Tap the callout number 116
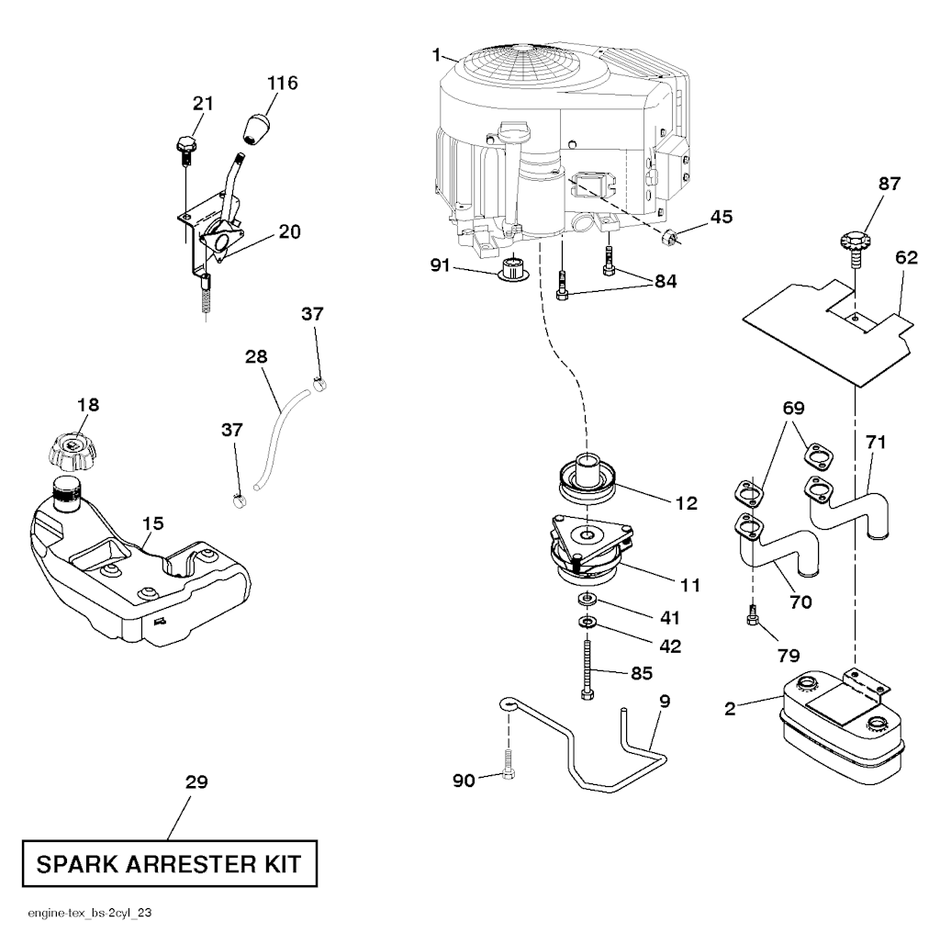coord(282,84)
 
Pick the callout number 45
coord(721,217)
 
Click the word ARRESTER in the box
coord(170,865)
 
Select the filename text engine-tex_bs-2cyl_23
coord(95,915)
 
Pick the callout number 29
coord(196,782)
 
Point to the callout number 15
coord(153,523)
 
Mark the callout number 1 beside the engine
coord(437,55)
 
